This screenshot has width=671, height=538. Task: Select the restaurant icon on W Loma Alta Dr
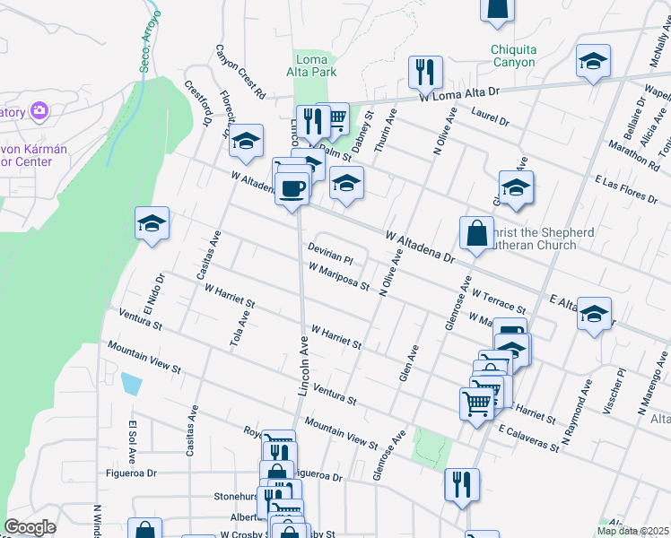[424, 73]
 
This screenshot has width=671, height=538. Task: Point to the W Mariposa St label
[338, 276]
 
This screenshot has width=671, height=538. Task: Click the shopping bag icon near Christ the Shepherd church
[476, 233]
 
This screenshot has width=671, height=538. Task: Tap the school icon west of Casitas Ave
[152, 224]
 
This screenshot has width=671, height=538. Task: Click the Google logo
[30, 527]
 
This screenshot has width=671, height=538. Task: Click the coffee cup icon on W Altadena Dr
[292, 189]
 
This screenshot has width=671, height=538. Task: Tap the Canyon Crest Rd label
[240, 72]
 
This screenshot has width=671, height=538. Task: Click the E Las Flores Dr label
[632, 189]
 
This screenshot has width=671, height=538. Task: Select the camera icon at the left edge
[39, 111]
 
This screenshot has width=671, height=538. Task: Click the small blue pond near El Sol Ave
[130, 384]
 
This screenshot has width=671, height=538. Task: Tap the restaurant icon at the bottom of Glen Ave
[462, 485]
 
